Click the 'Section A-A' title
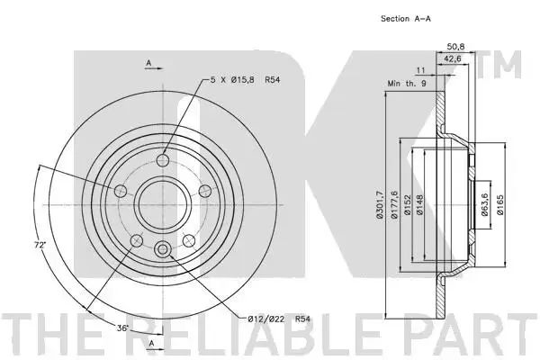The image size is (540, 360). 406,19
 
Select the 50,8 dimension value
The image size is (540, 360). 455,46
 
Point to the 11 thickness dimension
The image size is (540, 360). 421,70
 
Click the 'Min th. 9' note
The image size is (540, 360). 407,84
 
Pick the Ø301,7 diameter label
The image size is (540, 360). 380,204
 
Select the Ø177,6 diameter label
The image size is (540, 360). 394,204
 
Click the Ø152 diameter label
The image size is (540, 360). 407,205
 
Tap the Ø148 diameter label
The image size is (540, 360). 419,205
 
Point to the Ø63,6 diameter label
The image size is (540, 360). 485,204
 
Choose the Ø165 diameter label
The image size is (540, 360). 500,205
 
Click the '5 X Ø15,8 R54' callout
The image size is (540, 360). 245,80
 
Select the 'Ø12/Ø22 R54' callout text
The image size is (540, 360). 279,319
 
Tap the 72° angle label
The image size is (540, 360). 40,246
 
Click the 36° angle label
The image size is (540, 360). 122,328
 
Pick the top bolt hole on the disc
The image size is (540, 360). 163,160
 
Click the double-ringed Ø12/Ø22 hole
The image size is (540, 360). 163,248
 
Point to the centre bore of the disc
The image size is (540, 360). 163,204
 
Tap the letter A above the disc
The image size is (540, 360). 148,63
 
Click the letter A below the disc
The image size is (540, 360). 151,343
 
